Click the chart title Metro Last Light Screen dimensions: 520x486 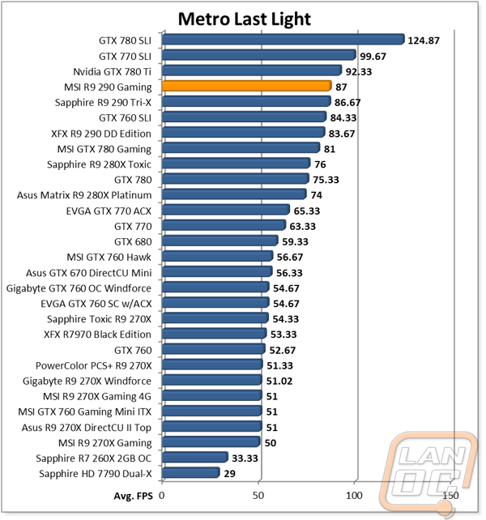pos(243,18)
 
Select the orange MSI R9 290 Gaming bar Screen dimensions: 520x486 pos(247,86)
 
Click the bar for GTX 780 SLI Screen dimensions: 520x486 pos(283,39)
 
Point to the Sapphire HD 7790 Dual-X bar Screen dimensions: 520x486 pos(191,472)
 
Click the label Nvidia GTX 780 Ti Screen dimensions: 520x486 pos(112,71)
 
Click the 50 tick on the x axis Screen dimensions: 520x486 pos(258,494)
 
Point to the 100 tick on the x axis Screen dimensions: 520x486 pos(354,494)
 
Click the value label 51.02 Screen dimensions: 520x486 pos(279,381)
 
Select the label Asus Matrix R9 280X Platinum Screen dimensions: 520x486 pos(84,194)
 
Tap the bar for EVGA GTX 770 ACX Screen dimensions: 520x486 pos(225,210)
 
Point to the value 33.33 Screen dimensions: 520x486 pos(245,458)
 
